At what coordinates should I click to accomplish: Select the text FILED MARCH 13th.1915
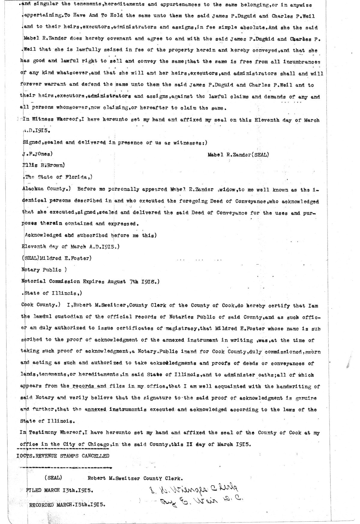tap(59, 491)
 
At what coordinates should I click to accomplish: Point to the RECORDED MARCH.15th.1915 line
tap(67, 504)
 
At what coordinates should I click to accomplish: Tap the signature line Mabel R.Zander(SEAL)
tap(238, 155)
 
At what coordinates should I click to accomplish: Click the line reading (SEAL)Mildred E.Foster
tap(56, 258)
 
